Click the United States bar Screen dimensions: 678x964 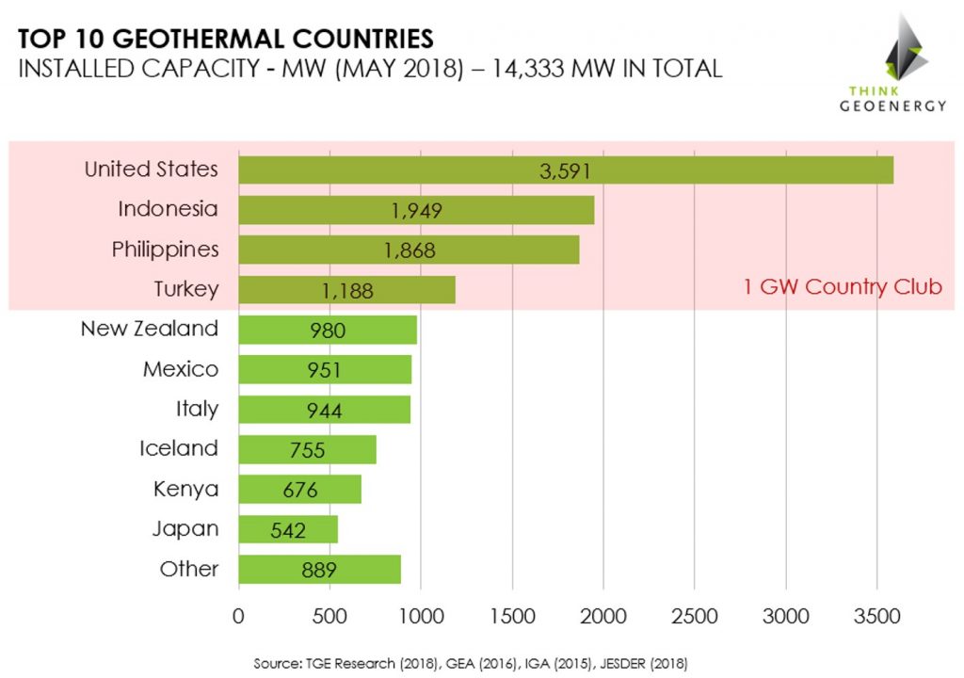[x=565, y=169]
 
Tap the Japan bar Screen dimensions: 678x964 [x=288, y=529]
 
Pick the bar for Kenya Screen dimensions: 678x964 [x=299, y=490]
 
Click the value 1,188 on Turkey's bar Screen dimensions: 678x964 [x=347, y=291]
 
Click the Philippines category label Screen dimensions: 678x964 [x=165, y=250]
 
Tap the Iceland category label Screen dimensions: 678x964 [x=178, y=448]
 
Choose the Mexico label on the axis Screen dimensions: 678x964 [x=180, y=369]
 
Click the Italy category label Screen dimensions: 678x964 [x=197, y=409]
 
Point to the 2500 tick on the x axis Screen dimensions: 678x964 [x=694, y=616]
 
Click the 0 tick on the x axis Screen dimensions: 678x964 [x=239, y=616]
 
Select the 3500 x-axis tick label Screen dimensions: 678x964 [x=876, y=616]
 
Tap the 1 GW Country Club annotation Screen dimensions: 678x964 [x=843, y=288]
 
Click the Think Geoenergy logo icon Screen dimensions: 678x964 [x=902, y=47]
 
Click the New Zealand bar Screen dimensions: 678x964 [x=328, y=331]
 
